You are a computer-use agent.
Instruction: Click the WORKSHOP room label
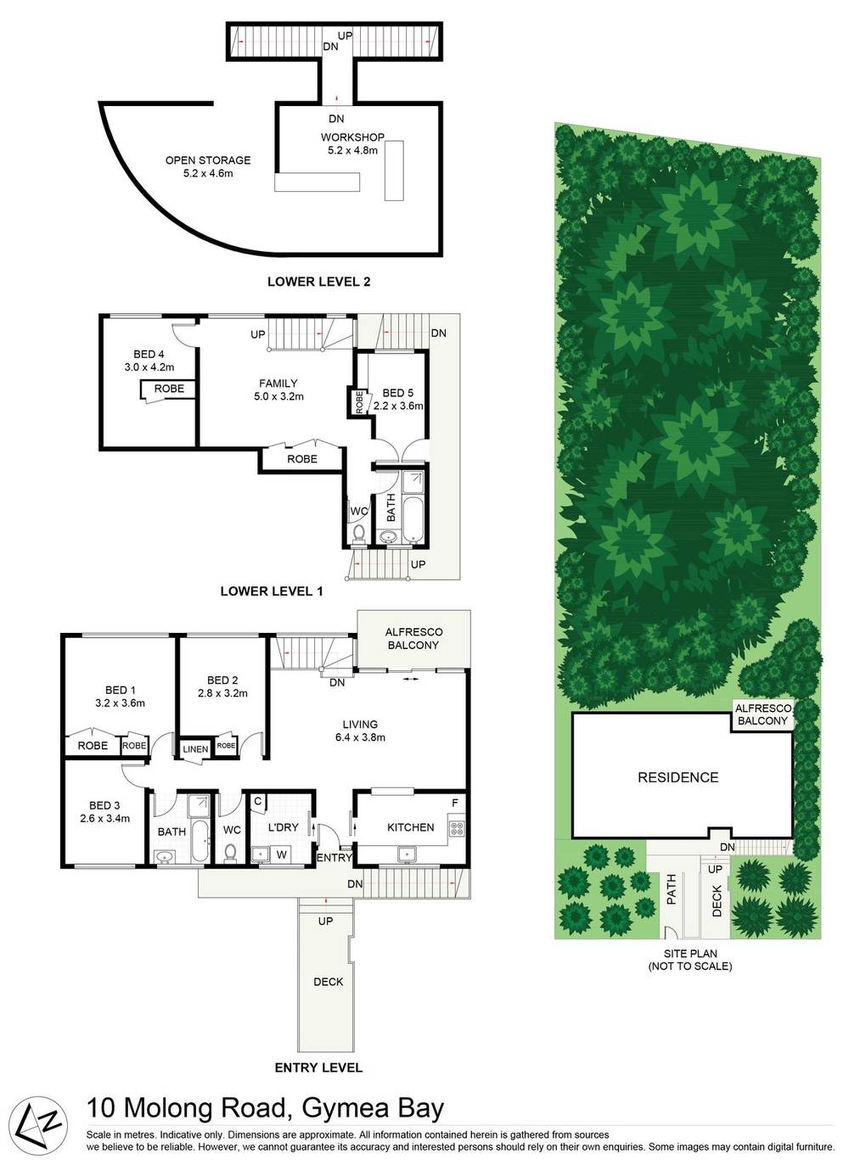(352, 137)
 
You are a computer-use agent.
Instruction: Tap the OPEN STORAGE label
(208, 160)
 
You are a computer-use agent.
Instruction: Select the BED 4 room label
(144, 355)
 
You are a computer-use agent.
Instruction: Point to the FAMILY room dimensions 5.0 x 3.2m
(278, 396)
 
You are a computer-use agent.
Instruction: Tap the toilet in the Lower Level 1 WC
(359, 533)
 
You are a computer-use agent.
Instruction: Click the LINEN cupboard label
(195, 749)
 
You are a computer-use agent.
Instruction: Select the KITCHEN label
(410, 827)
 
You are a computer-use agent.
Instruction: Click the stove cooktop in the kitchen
(458, 826)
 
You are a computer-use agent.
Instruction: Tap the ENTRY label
(334, 858)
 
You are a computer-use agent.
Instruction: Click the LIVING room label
(360, 725)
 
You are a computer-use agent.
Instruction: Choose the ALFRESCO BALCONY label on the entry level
(413, 638)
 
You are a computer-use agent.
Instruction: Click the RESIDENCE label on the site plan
(678, 777)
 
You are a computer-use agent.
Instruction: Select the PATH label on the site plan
(671, 889)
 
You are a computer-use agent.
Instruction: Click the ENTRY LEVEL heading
(318, 1067)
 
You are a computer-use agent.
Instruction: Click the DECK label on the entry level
(328, 982)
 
